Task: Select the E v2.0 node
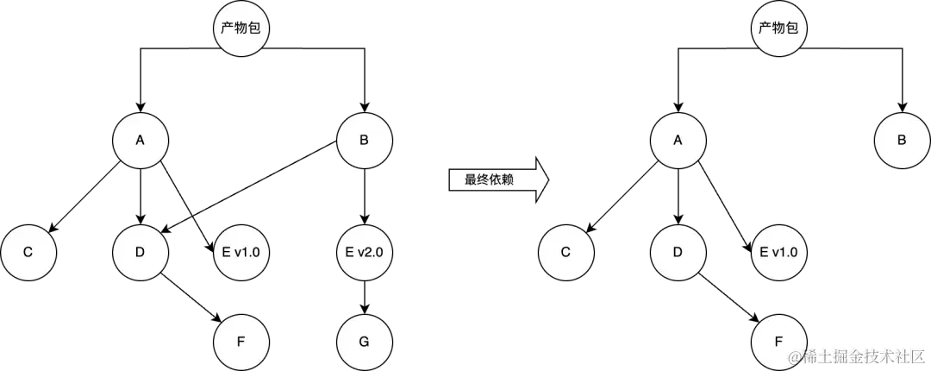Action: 364,252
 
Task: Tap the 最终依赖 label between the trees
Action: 490,180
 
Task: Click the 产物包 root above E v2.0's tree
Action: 241,28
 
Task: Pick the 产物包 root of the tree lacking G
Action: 779,28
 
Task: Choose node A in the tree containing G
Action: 141,140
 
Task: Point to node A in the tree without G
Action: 678,140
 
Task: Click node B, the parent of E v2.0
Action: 364,140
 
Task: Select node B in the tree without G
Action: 902,140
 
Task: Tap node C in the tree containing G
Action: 28,252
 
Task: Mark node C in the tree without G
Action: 565,252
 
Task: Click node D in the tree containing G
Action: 141,252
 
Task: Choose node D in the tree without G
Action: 678,252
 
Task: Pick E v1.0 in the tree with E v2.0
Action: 241,252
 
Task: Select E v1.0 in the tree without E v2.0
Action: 779,252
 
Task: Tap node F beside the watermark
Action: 779,340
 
